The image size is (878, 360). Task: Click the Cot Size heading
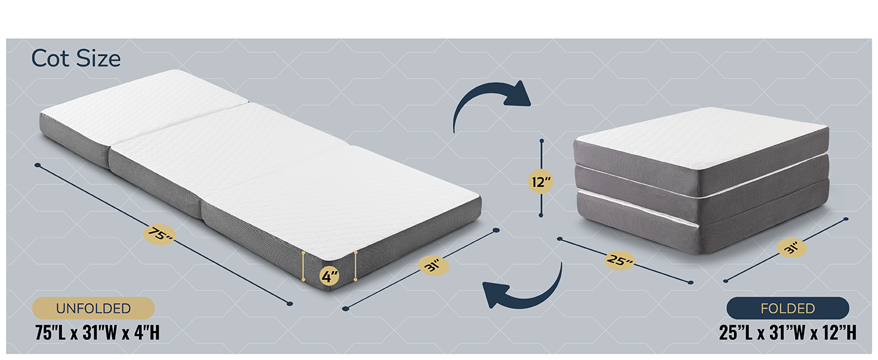76,59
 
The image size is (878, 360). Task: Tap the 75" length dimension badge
160,234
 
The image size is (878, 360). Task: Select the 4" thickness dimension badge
329,277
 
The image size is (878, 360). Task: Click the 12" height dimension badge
541,181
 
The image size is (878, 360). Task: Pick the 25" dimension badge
620,260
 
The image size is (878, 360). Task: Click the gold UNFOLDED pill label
94,308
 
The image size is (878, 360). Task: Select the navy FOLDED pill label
787,308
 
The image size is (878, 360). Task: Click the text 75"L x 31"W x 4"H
97,332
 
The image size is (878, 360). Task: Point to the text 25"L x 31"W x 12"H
787,332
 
